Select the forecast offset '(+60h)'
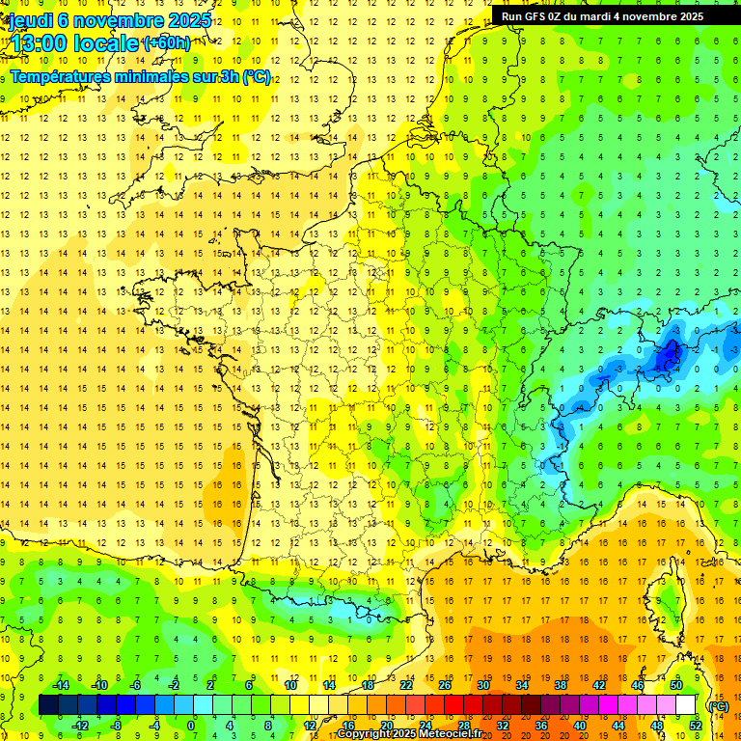coord(167,43)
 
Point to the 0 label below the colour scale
coord(190,726)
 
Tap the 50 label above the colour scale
coord(675,685)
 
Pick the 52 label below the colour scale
coord(695,726)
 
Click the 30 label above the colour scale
coord(483,685)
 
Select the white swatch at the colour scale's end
coord(686,705)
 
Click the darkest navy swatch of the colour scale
coord(48,705)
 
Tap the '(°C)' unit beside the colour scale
coord(718,705)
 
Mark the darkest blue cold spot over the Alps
coord(667,358)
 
